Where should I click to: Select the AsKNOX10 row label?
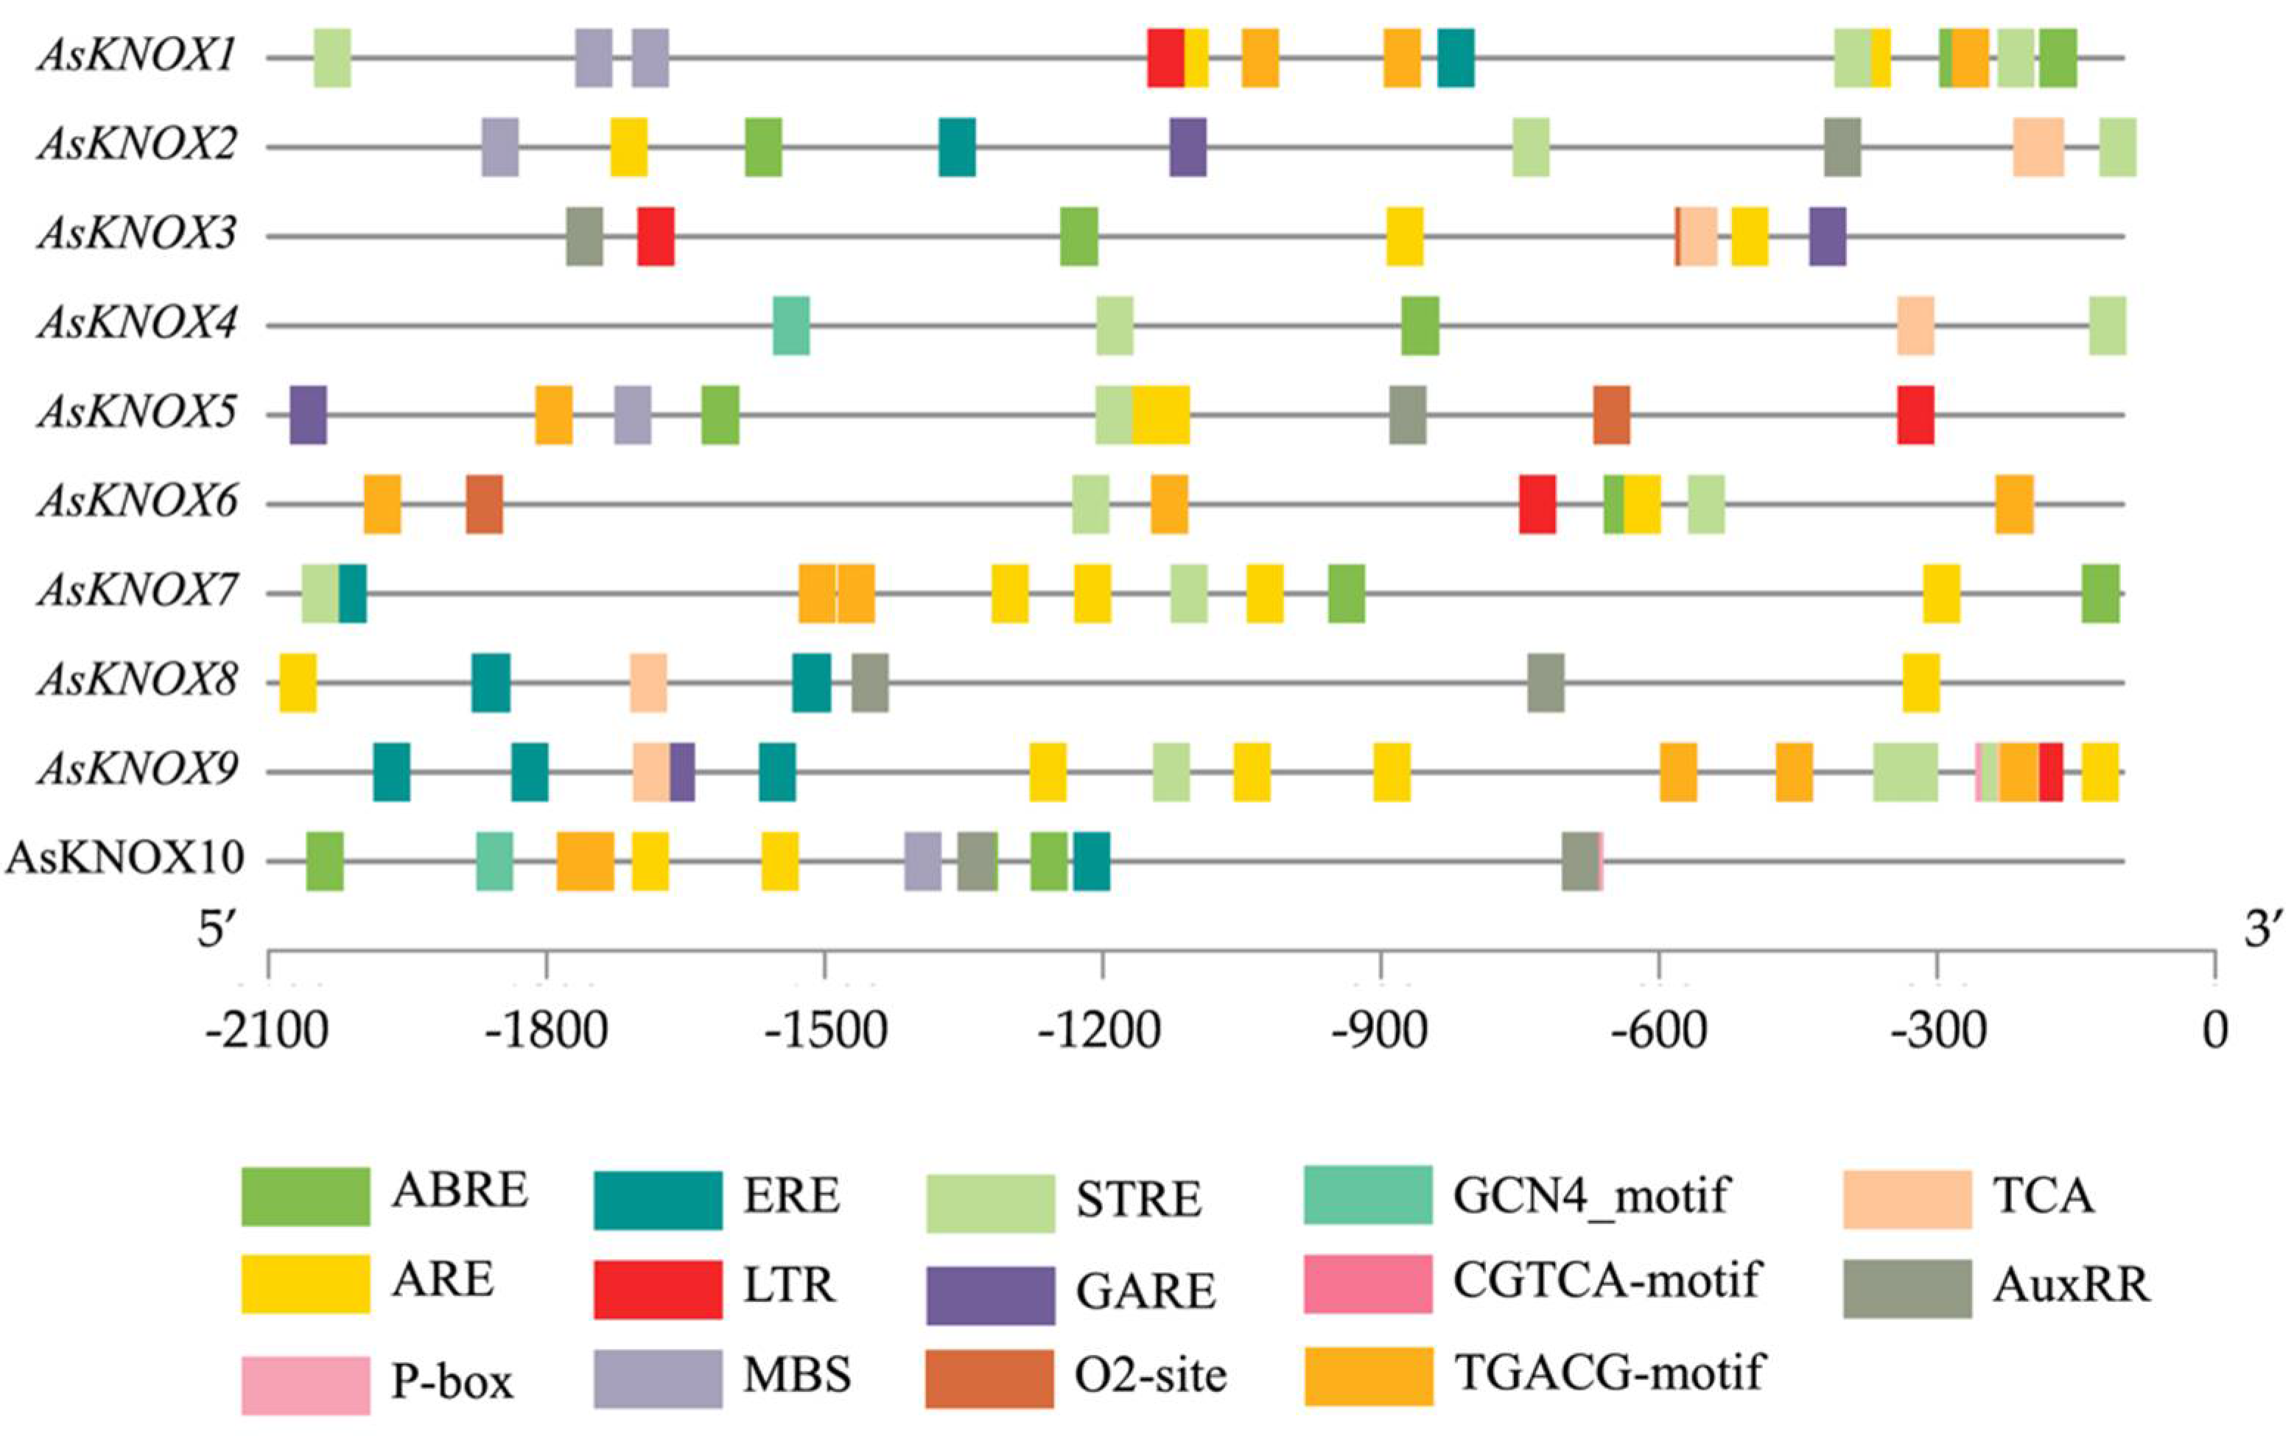tap(125, 859)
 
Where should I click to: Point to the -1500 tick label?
tap(826, 1030)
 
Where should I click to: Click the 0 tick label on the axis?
tap(2214, 1030)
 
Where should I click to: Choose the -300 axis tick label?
tap(1937, 1030)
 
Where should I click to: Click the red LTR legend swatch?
tap(657, 1289)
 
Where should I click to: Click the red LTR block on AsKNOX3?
tap(656, 236)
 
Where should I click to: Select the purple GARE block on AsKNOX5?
tap(308, 414)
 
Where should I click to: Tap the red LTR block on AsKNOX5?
tap(1915, 414)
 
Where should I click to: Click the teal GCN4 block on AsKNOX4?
tap(790, 325)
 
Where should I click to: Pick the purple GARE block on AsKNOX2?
tap(1188, 147)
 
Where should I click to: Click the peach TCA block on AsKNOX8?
tap(648, 682)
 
